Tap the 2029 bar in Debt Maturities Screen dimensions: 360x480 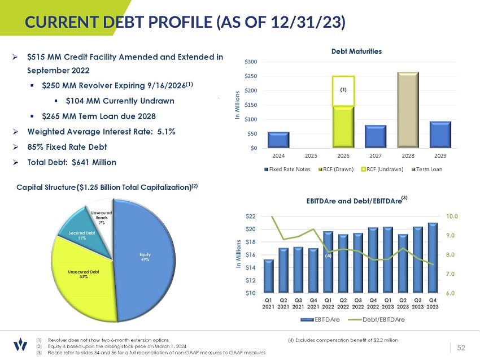(440, 135)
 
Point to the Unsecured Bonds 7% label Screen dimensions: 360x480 (101, 218)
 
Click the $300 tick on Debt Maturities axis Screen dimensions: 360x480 (251, 61)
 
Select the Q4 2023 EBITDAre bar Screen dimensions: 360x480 (433, 257)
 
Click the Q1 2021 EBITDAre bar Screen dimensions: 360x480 (269, 276)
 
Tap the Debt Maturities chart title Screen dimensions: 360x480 (356, 51)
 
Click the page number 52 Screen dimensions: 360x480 (461, 346)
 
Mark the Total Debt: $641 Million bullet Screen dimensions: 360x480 (72, 162)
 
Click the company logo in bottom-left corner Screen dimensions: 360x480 (20, 345)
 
